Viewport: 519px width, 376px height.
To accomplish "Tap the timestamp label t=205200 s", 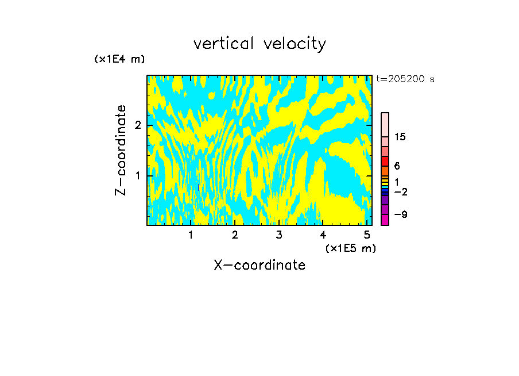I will [405, 79].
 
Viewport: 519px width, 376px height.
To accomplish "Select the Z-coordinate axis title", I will [121, 150].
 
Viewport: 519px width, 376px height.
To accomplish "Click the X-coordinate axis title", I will [259, 265].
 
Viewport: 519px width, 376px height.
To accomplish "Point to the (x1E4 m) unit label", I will [119, 59].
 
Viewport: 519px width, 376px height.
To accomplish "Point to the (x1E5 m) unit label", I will [350, 248].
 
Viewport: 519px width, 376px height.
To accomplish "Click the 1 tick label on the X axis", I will [191, 235].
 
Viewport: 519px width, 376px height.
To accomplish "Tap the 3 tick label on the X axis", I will [278, 235].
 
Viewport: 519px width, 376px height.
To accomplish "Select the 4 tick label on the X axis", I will [323, 235].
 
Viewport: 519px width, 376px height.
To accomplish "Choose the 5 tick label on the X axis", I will [366, 235].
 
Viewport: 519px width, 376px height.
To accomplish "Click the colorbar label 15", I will [400, 137].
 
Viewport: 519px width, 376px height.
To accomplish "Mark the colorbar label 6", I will [397, 166].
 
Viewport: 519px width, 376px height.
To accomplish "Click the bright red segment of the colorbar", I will [385, 161].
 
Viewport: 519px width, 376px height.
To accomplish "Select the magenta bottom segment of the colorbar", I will [385, 220].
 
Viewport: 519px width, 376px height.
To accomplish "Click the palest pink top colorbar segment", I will [385, 124].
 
